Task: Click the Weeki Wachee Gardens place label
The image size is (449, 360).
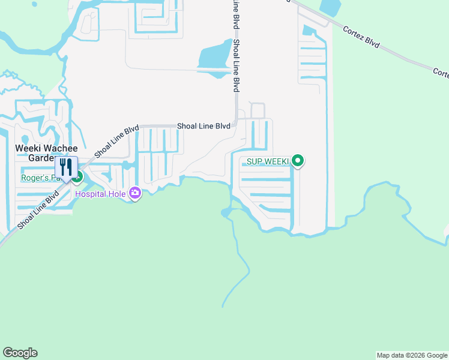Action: click(46, 152)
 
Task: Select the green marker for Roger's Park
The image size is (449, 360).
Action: click(77, 176)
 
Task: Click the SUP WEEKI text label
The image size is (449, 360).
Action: click(268, 161)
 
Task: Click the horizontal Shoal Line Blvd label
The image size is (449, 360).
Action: click(203, 126)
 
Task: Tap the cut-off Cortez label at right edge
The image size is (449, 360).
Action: click(441, 72)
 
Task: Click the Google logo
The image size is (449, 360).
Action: click(20, 353)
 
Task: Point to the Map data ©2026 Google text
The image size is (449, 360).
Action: click(412, 355)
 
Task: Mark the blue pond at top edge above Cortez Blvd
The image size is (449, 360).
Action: click(331, 7)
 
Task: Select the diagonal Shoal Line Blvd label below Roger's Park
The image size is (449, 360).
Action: click(38, 209)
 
